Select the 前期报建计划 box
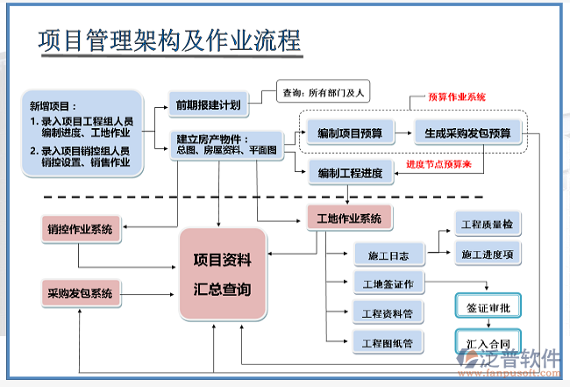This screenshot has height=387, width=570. tap(207, 105)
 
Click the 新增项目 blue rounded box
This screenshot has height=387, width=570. tap(78, 133)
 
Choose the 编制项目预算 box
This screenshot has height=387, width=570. tap(350, 133)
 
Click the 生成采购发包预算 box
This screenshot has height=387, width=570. tap(467, 133)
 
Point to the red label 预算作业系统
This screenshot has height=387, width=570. tap(457, 97)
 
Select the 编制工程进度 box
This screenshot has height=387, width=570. tap(350, 173)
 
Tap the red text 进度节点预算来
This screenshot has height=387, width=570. tap(445, 164)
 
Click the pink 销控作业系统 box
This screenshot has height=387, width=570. tap(80, 230)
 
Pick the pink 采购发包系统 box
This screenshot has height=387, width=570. tap(80, 293)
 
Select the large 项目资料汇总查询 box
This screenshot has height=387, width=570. tap(222, 274)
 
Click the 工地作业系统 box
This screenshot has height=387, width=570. tap(346, 219)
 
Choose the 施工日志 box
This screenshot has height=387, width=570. tap(388, 255)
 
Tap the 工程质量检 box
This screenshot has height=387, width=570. tap(487, 225)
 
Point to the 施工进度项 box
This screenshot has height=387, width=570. tap(487, 254)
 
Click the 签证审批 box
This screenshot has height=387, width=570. tap(488, 306)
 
